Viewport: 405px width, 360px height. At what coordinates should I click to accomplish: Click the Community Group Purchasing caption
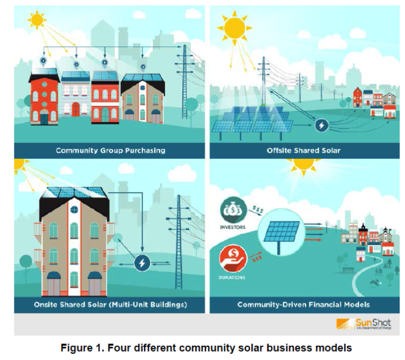110,151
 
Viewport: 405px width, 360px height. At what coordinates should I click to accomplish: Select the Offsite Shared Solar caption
304,151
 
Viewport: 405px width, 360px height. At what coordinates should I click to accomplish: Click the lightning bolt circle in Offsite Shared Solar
322,126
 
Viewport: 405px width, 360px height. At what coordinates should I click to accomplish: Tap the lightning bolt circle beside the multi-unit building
142,262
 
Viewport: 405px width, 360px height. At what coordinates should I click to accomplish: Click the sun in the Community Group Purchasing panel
37,20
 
